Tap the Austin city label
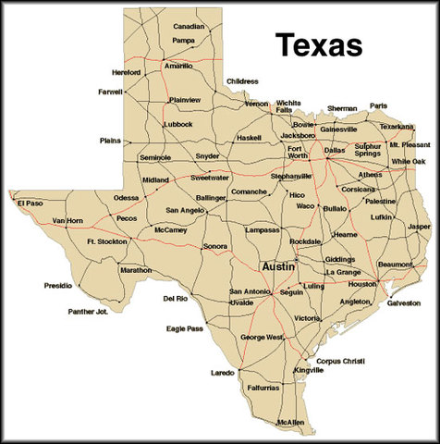(x=278, y=265)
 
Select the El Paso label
(x=29, y=203)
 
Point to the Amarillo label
(x=178, y=67)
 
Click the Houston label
(x=361, y=284)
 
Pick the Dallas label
(x=334, y=150)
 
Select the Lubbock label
(x=177, y=124)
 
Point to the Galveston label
(x=403, y=302)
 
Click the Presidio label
(x=57, y=286)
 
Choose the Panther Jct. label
(x=88, y=312)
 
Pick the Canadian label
(x=189, y=27)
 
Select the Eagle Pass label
(x=185, y=327)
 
